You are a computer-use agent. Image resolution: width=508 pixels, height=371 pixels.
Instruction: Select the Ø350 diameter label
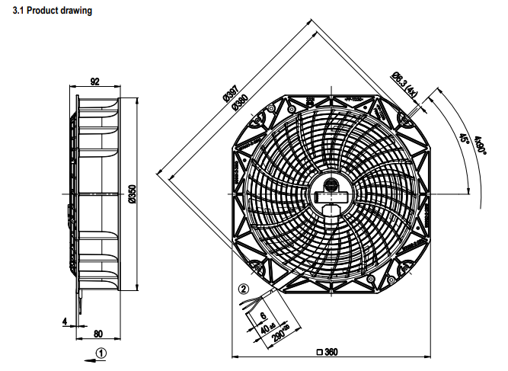coord(132,194)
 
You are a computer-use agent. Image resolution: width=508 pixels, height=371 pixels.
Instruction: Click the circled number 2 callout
coord(243,289)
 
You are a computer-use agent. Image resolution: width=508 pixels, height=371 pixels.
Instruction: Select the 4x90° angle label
coord(478,144)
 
